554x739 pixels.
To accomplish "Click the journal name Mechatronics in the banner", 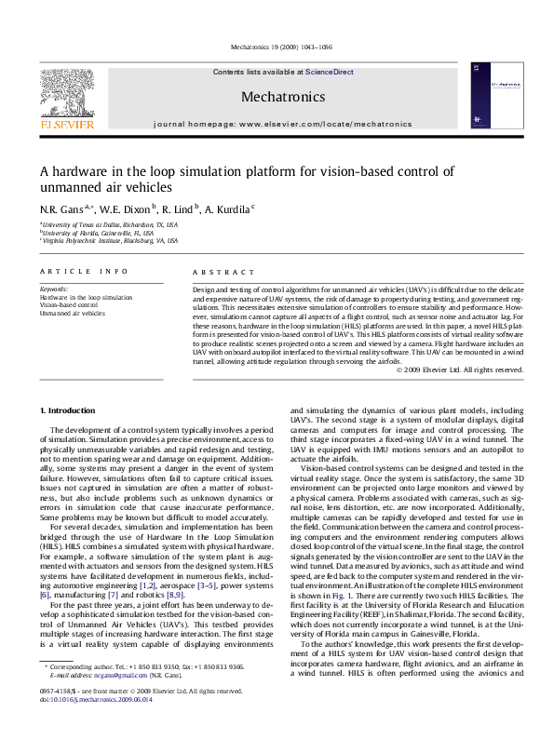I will tap(282, 97).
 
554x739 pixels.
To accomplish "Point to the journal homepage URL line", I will tap(282, 123).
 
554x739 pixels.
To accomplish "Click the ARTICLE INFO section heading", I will tap(83, 271).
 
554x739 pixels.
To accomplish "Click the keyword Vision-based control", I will tap(68, 305).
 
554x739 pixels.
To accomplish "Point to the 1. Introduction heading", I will tap(71, 410).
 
